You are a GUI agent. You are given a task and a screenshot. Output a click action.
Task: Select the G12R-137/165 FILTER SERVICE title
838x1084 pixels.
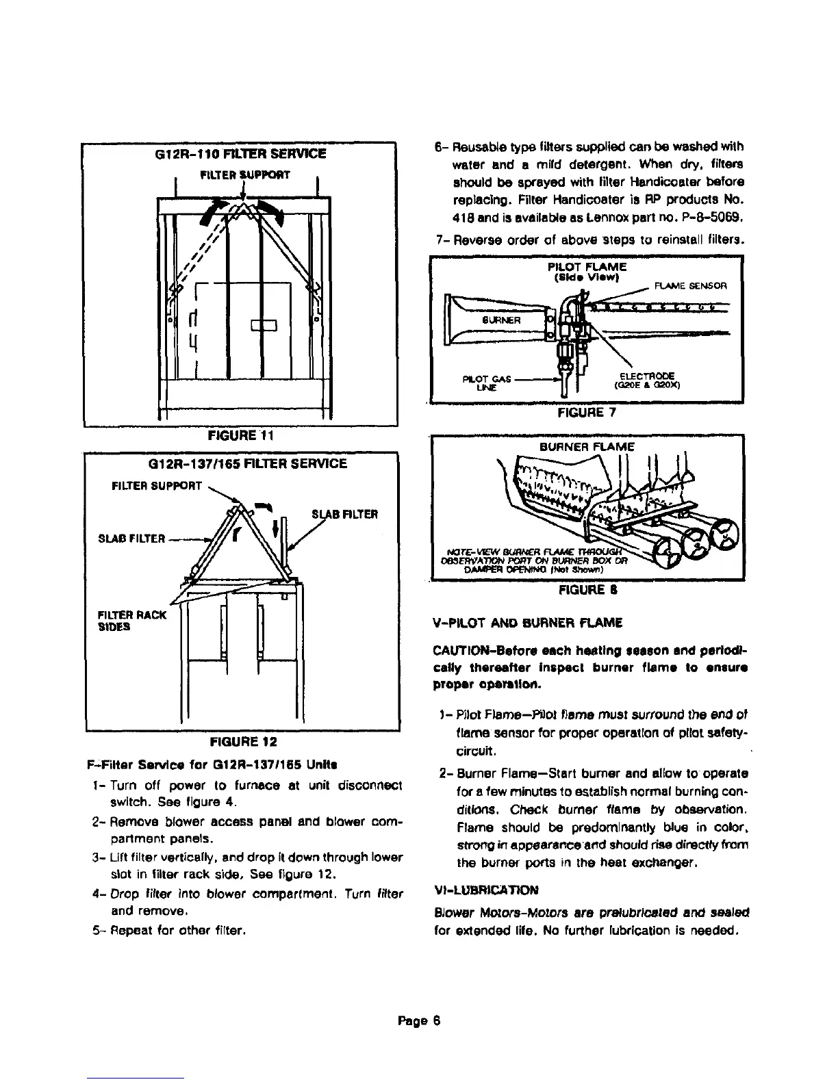[248, 463]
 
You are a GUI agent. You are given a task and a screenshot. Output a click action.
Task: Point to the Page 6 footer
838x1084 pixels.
[420, 1020]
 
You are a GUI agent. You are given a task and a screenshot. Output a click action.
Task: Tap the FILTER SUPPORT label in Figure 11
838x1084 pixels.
[235, 175]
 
